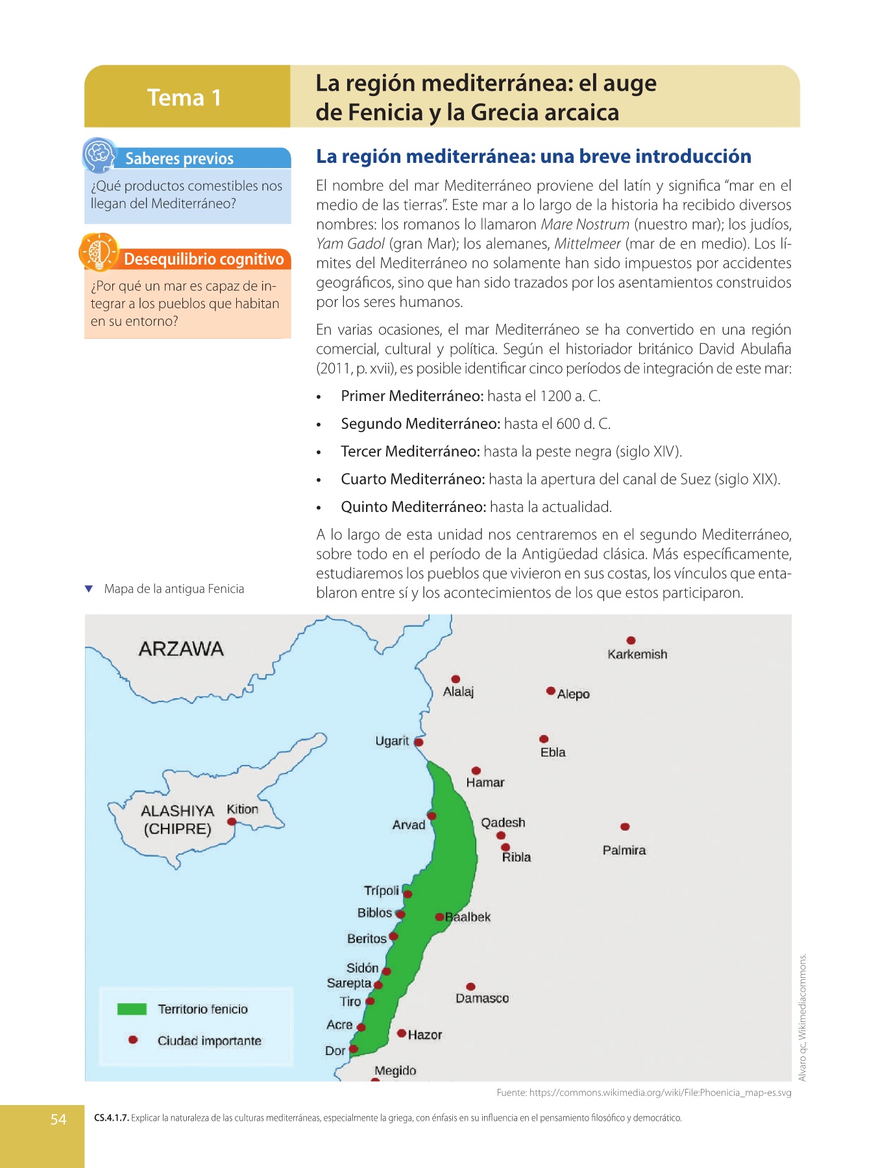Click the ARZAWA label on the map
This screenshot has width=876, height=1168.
coord(181,649)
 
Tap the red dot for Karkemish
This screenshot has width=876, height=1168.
coord(631,640)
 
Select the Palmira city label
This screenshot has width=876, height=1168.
coord(624,850)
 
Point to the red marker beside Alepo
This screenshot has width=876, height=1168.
coord(550,691)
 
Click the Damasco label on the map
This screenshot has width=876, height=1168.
coord(482,998)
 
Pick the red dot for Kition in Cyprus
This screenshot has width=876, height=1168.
coord(232,821)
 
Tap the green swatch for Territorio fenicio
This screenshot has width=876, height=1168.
coord(132,1009)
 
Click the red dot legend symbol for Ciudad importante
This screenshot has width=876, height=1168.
coord(133,1040)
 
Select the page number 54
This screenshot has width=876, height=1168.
coord(58,1119)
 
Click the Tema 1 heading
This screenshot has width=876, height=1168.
coord(184,97)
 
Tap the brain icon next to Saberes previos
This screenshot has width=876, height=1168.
coord(99,154)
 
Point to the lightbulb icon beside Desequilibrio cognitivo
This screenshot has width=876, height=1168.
coord(99,252)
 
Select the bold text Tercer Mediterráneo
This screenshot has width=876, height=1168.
coord(410,452)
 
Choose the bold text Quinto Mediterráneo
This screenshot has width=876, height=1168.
coord(413,507)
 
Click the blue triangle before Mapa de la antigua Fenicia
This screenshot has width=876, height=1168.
coord(89,589)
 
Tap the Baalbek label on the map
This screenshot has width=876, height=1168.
coord(468,917)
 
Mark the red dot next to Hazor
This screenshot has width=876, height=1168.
coord(402,1033)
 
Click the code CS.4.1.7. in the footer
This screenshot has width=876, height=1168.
coord(112,1118)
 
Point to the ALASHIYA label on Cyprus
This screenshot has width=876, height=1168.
coord(177,811)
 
